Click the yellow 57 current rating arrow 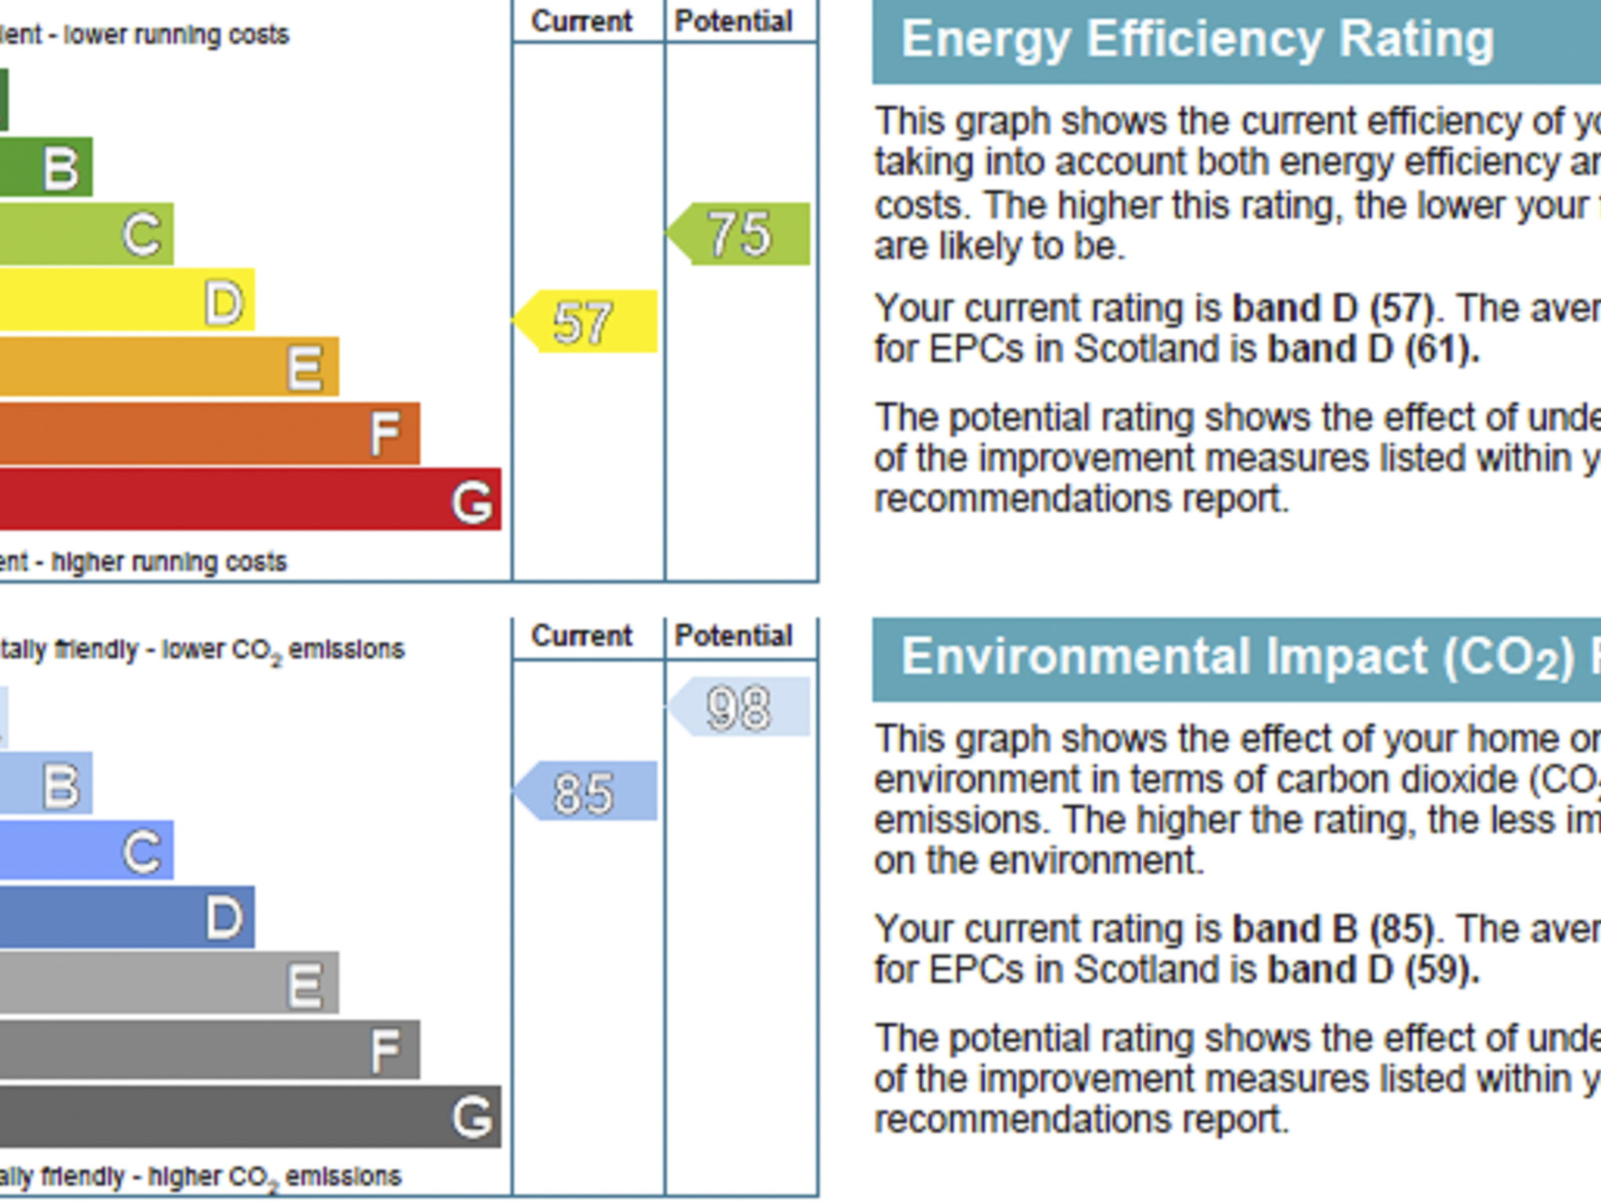click(x=586, y=321)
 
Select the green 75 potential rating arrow click(x=740, y=234)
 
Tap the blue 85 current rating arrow click(x=586, y=791)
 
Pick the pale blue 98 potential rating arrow click(x=740, y=708)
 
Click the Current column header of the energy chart click(x=582, y=21)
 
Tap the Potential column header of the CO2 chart click(x=733, y=636)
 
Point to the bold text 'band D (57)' click(x=1333, y=308)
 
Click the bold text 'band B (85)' click(x=1333, y=929)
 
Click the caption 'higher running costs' click(x=169, y=561)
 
